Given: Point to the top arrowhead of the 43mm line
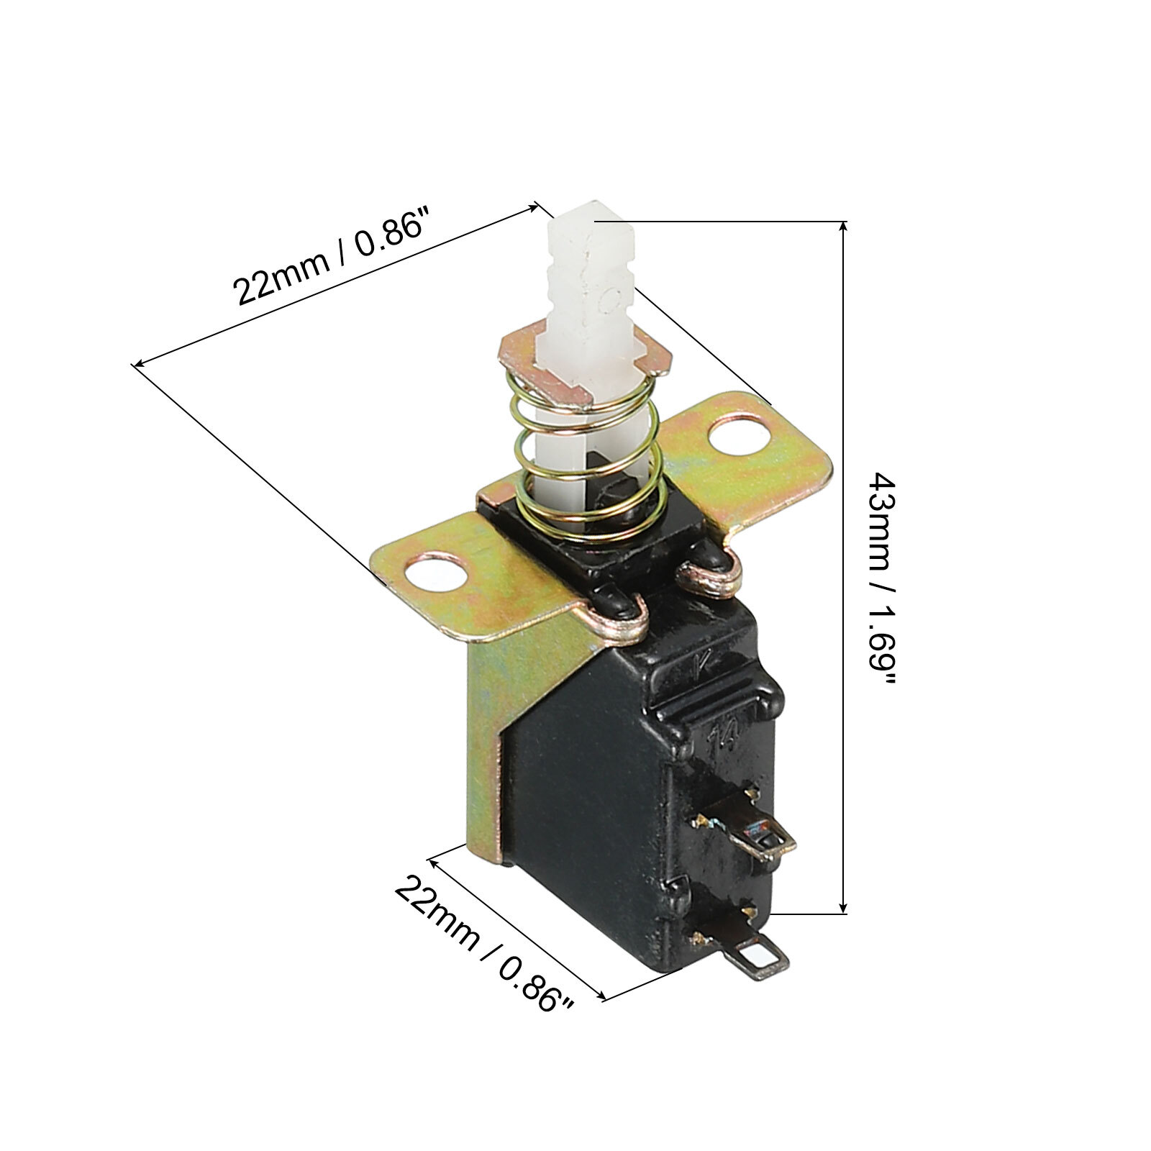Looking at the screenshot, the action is [844, 229].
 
